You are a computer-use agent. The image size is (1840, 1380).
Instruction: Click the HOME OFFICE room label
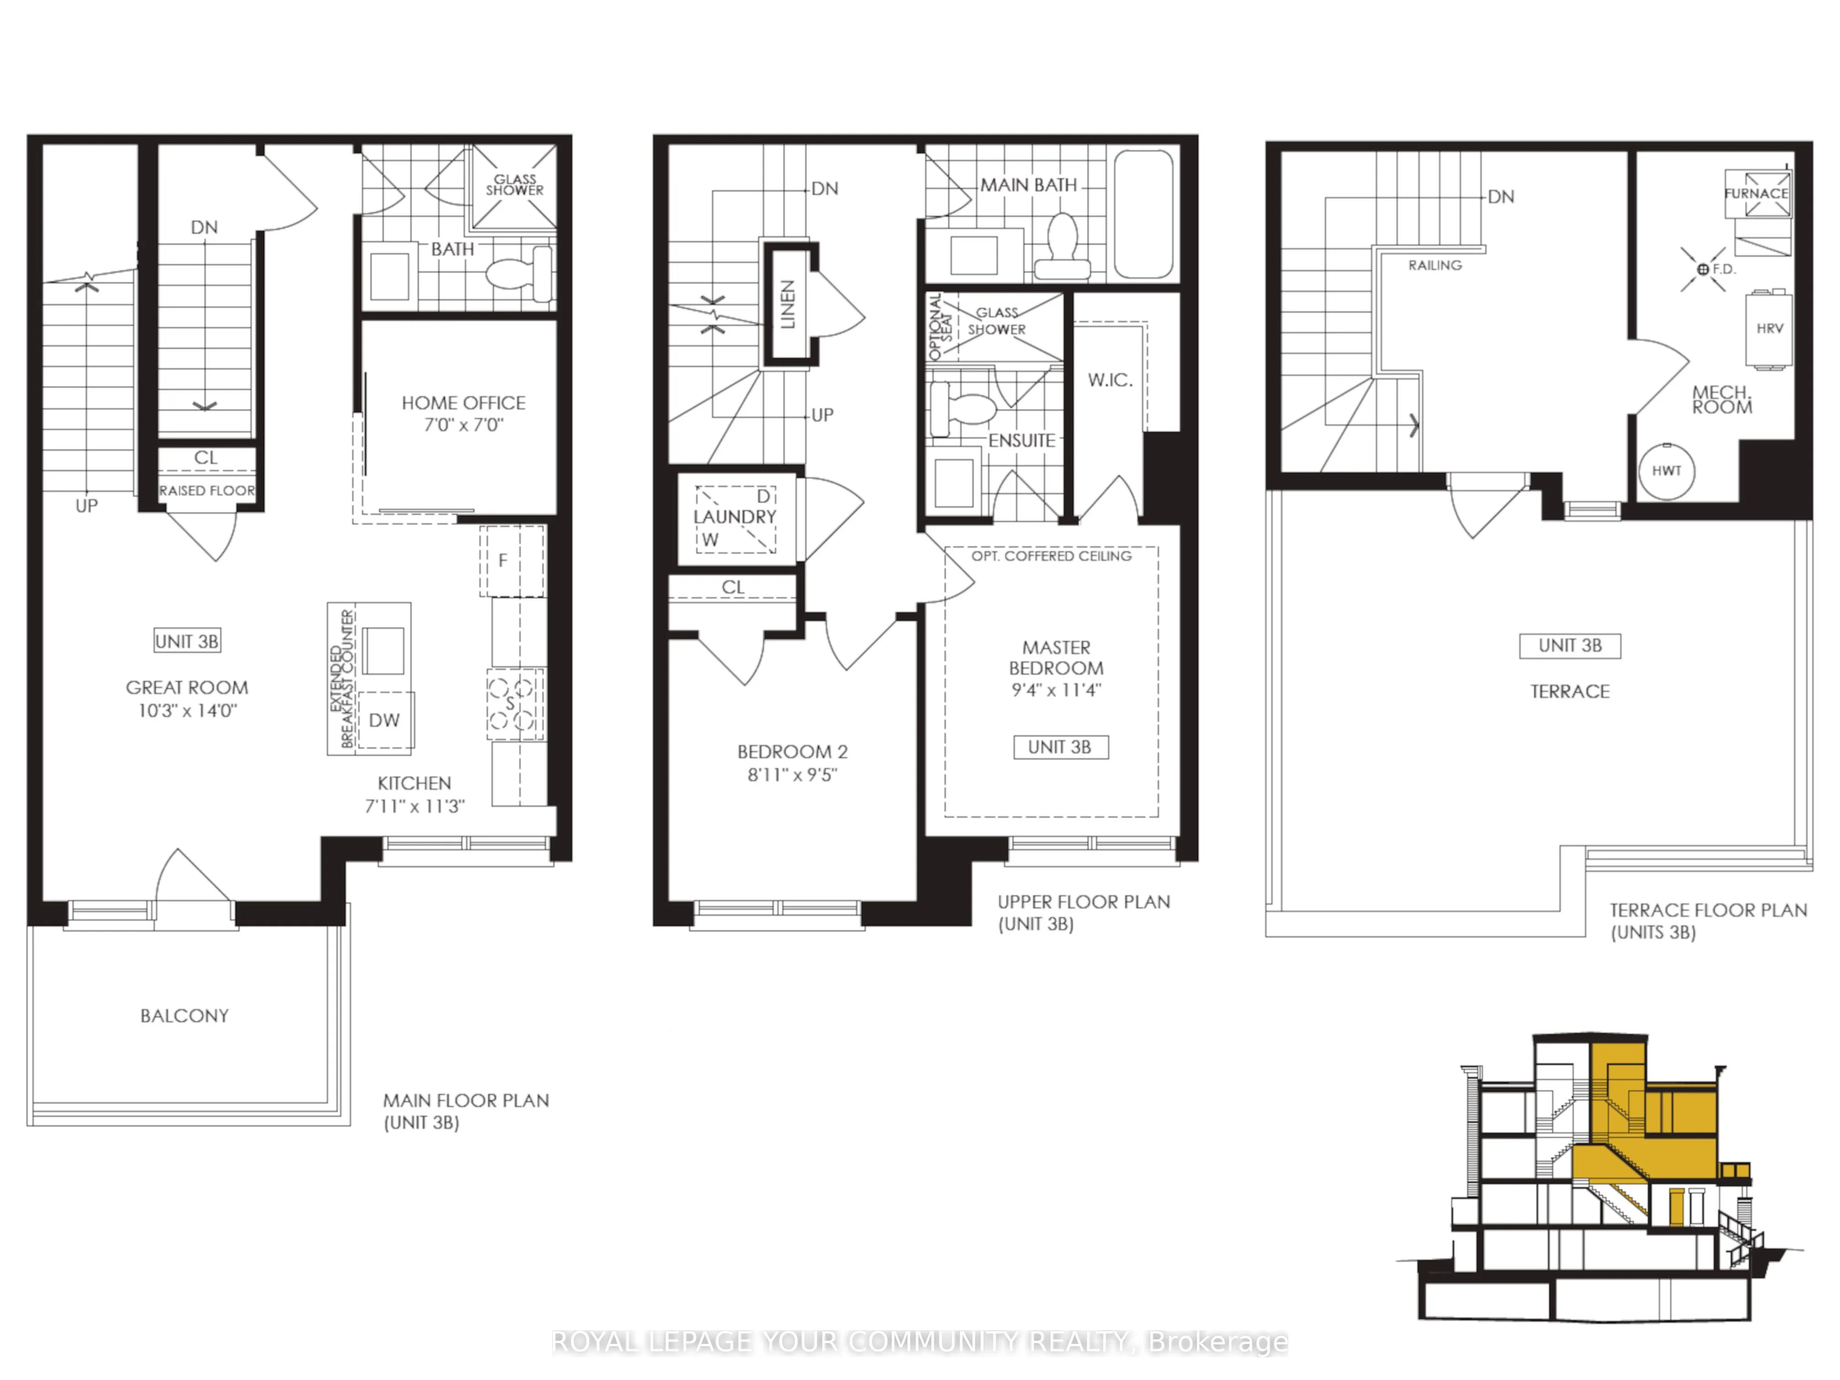[463, 402]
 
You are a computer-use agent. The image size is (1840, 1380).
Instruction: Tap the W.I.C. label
[1110, 380]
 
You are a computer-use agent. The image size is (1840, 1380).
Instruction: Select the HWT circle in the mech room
[1666, 471]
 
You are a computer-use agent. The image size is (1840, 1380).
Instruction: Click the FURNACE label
[1756, 193]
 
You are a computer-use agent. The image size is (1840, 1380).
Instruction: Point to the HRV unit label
[1769, 329]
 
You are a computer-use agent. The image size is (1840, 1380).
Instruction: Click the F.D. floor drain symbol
[1703, 269]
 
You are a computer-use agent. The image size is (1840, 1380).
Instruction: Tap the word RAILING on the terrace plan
[1435, 265]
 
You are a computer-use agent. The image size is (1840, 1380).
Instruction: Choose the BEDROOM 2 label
[792, 752]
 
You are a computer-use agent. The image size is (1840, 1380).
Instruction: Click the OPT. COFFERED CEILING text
[1051, 556]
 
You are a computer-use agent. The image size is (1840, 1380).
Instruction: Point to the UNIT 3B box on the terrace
[1570, 645]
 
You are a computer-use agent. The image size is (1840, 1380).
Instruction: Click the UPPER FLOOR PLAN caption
[1083, 902]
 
